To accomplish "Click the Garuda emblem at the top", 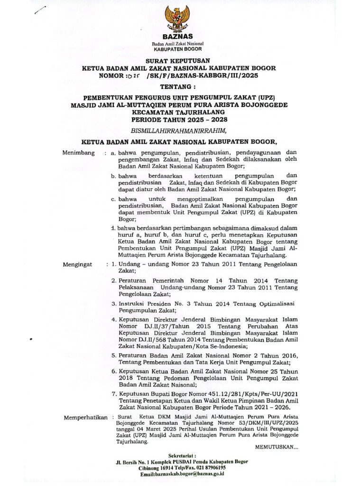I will tap(177, 19).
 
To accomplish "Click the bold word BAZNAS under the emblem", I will tap(177, 37).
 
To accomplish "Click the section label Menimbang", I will tap(78, 153).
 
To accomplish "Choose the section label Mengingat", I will tap(77, 264).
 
